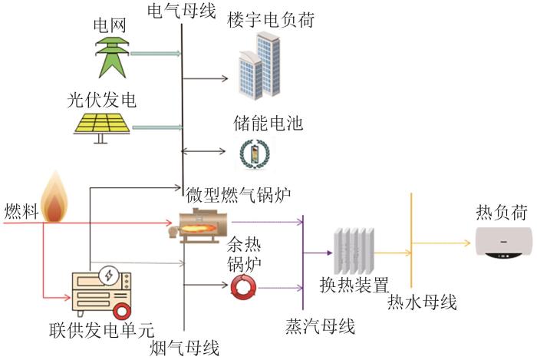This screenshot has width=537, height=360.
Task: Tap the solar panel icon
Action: point(100,126)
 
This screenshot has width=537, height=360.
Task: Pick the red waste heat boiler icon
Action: point(244,287)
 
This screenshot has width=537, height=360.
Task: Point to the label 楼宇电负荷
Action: point(271,20)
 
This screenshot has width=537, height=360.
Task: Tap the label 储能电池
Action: point(267,123)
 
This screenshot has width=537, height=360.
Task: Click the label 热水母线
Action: point(423,302)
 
